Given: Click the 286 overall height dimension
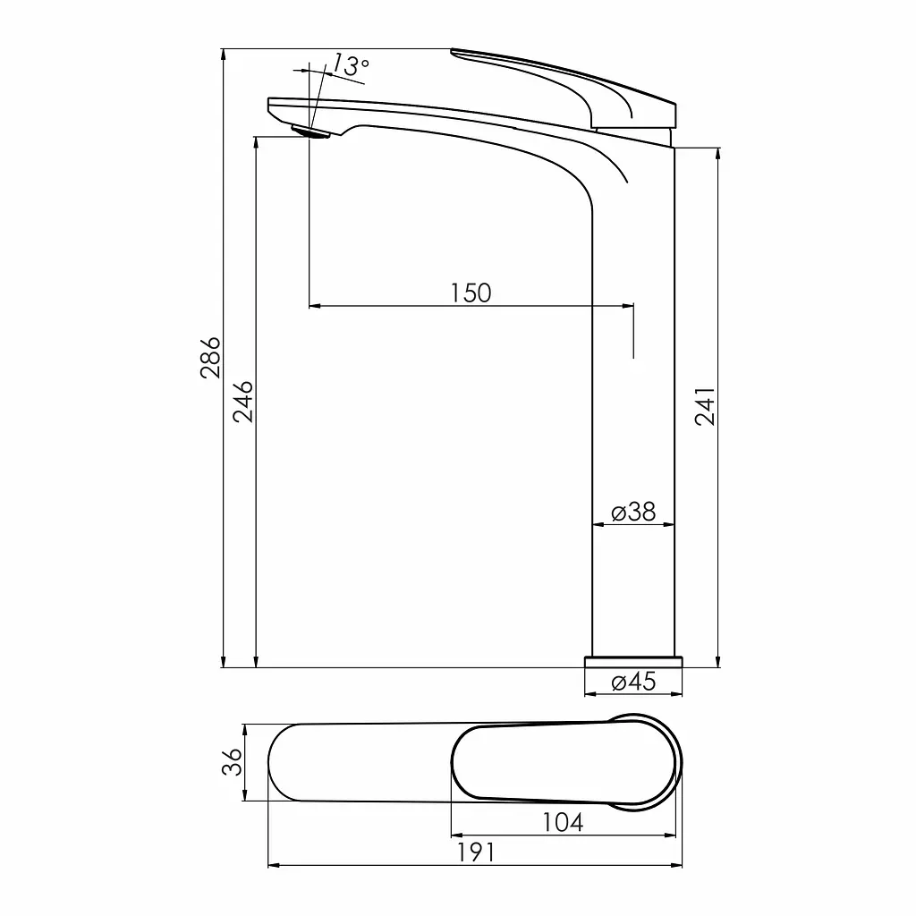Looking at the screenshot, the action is point(210,358).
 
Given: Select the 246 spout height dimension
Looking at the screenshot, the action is point(243,402).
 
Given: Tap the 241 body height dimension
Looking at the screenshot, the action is point(705,406).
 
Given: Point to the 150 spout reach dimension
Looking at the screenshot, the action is point(471,293).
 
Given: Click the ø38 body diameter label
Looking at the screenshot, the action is point(633,512).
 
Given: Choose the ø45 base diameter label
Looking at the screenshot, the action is point(633,681).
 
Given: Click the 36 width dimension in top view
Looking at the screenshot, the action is point(232,762).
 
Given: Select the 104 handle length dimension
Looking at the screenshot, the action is point(563,822).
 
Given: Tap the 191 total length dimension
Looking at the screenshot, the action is point(475,852).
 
